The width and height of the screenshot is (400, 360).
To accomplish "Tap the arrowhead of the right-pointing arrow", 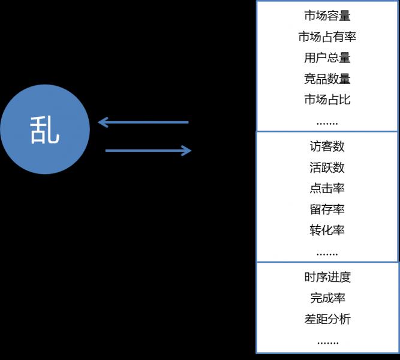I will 186,150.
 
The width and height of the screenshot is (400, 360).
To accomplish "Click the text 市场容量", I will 327,16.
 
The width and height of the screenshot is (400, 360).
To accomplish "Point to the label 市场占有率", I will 327,37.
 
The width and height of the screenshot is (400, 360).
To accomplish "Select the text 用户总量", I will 327,58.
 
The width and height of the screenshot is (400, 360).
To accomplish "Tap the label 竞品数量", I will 327,79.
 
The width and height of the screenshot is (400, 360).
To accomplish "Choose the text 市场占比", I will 327,100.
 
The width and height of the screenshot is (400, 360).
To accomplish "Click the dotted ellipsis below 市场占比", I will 327,122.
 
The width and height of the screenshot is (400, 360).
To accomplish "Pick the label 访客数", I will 327,146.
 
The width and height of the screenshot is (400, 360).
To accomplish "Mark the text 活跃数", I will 327,167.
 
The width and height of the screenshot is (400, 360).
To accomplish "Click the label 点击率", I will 327,188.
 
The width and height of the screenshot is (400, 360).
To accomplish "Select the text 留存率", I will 327,209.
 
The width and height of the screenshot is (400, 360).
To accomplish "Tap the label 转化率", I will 327,230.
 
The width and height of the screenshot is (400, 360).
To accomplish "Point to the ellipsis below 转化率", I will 327,253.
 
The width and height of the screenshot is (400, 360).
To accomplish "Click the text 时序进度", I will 327,277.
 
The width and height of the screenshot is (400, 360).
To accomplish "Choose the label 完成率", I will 327,298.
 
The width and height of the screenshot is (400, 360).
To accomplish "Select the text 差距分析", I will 327,319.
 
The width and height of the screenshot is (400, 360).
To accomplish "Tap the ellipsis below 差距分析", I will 327,341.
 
